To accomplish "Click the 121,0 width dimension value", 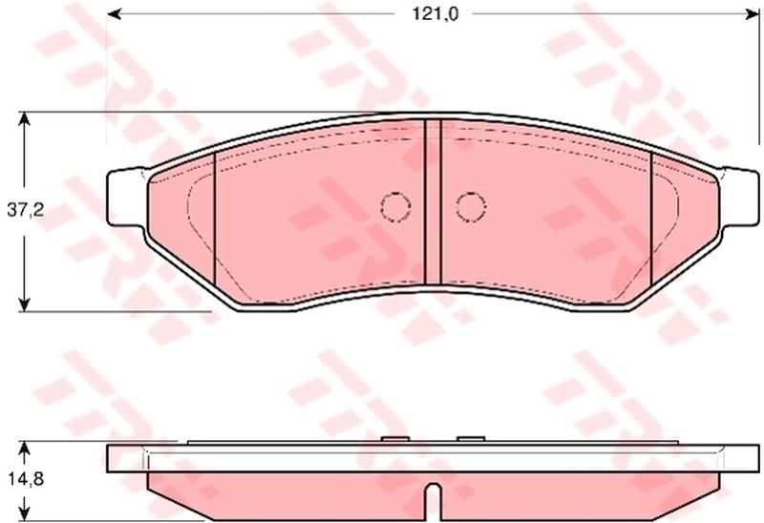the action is tap(435, 14).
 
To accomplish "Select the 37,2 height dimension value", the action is tap(26, 210).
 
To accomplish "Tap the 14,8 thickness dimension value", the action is tap(26, 479).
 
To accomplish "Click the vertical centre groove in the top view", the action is tap(433, 201).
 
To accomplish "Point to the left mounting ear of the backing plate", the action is tap(126, 197).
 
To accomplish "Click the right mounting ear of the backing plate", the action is tap(739, 197).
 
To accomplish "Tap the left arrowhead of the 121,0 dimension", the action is tap(114, 14).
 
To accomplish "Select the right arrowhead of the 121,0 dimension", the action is tap(753, 14).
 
